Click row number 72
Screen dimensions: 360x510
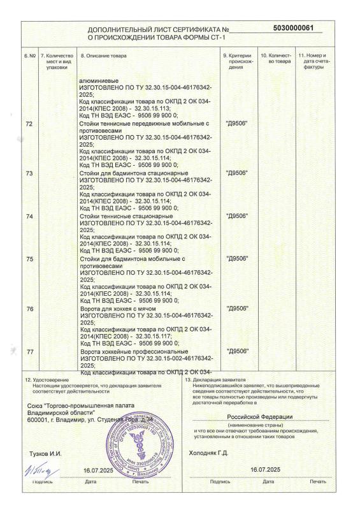point(29,122)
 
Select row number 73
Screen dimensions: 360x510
point(29,173)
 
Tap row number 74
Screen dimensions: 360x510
point(29,217)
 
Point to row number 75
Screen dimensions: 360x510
point(29,260)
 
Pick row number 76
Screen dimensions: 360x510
point(29,309)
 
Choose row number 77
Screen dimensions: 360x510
point(29,351)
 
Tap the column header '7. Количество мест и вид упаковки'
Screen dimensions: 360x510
point(56,62)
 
